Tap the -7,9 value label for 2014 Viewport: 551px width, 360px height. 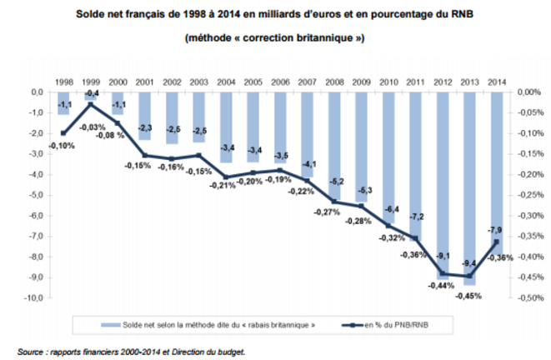pos(495,230)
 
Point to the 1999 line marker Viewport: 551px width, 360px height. pos(90,105)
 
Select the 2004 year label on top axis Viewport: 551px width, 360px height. pos(227,82)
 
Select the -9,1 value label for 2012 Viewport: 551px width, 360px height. pos(444,255)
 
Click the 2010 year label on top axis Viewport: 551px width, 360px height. pos(388,82)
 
